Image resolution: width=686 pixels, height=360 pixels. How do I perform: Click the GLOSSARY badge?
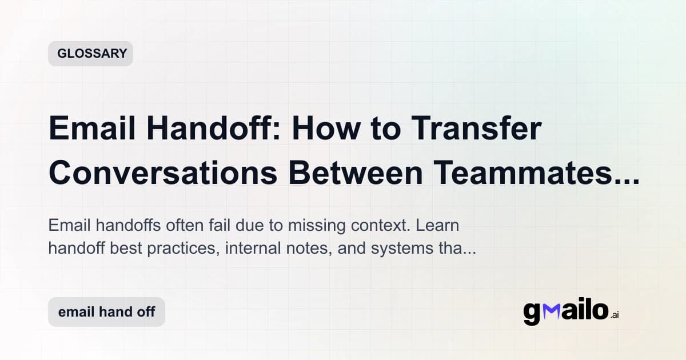point(90,54)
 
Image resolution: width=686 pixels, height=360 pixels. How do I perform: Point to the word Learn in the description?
point(438,225)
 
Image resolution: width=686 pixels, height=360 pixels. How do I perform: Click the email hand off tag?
point(106,312)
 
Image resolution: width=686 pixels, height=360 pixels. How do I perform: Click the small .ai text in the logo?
point(615,315)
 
